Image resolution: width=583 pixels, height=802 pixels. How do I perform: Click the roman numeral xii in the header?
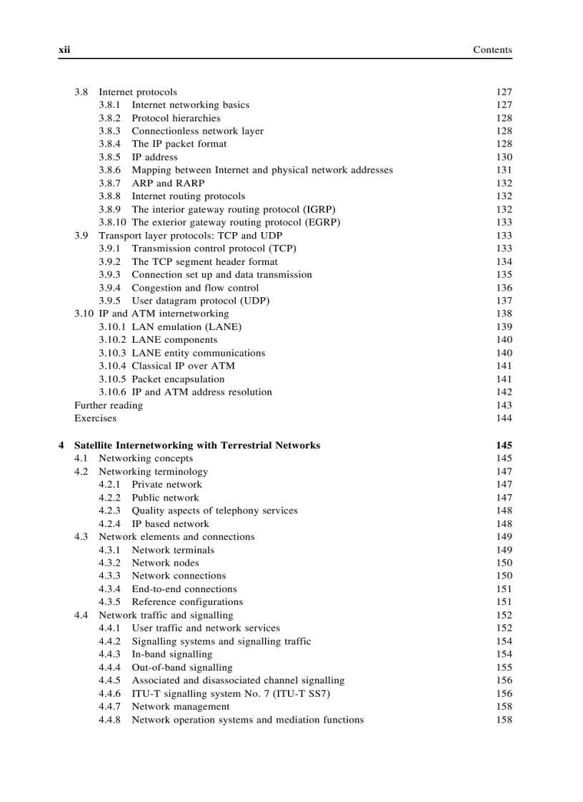pyautogui.click(x=63, y=50)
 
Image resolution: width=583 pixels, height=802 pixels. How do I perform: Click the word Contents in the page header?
pyautogui.click(x=492, y=50)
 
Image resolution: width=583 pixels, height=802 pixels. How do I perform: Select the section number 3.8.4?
pyautogui.click(x=109, y=144)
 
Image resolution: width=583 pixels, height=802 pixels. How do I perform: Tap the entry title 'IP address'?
pyautogui.click(x=154, y=157)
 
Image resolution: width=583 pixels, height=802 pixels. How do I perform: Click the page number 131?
pyautogui.click(x=504, y=170)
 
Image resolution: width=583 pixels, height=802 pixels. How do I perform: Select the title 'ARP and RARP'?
pyautogui.click(x=168, y=184)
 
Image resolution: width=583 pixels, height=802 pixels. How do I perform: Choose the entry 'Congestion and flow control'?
pyautogui.click(x=195, y=288)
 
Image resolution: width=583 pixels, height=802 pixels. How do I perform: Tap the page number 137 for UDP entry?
pyautogui.click(x=504, y=301)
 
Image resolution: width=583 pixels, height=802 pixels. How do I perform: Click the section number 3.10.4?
pyautogui.click(x=113, y=366)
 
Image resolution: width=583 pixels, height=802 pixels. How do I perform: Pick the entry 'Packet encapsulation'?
pyautogui.click(x=178, y=379)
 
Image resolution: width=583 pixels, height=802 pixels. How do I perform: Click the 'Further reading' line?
pyautogui.click(x=109, y=406)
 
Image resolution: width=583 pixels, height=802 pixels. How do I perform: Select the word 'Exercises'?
pyautogui.click(x=95, y=418)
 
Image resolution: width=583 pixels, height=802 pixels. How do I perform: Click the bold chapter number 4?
pyautogui.click(x=61, y=446)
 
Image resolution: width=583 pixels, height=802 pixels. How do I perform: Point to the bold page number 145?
pyautogui.click(x=504, y=446)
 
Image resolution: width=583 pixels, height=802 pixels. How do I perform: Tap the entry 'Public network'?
pyautogui.click(x=165, y=498)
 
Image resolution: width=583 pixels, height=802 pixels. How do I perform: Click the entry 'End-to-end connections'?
pyautogui.click(x=184, y=589)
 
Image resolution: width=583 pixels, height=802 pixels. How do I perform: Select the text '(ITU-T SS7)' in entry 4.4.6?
pyautogui.click(x=304, y=693)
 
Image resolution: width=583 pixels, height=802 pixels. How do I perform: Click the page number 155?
pyautogui.click(x=504, y=668)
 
